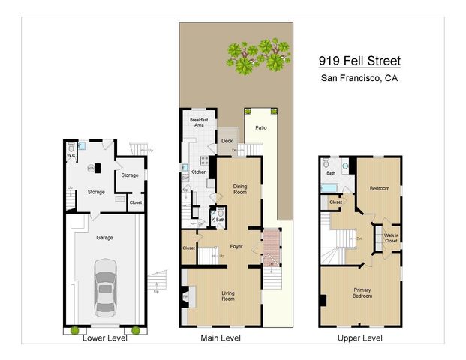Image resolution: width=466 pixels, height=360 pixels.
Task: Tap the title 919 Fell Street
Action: (359, 61)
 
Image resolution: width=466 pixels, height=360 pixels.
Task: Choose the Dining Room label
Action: (239, 189)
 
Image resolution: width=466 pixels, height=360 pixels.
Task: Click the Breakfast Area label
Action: (199, 123)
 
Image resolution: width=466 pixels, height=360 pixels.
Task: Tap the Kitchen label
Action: (198, 172)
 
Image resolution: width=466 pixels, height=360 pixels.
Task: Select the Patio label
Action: (260, 128)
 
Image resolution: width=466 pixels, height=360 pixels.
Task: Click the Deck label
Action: (227, 140)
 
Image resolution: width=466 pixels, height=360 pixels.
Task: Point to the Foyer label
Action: (236, 245)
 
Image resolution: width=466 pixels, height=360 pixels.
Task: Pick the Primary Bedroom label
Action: (362, 292)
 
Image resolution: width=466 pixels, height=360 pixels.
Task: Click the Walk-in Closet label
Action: (391, 238)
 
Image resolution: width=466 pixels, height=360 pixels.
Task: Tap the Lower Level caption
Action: (104, 338)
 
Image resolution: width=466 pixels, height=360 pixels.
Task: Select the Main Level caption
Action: (221, 338)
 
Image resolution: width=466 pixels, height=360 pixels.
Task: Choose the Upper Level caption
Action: (360, 338)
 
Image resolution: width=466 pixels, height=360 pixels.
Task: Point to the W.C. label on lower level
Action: (71, 156)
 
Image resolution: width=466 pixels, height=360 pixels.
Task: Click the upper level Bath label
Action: (330, 172)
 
